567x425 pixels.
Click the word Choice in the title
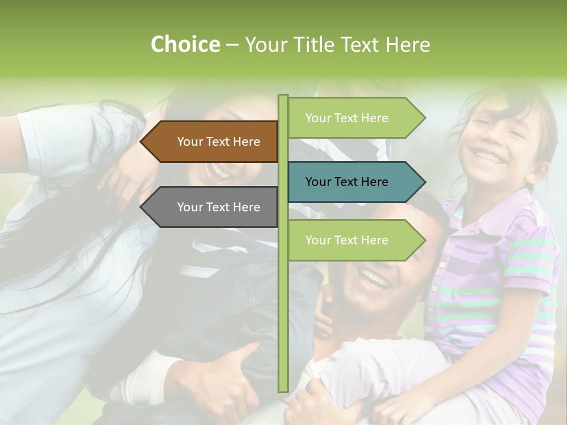(185, 44)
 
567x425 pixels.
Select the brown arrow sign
(213, 142)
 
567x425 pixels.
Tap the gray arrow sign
(213, 207)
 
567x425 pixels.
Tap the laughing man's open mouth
(373, 277)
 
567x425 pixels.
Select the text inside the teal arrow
(347, 182)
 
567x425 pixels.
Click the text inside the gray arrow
(219, 207)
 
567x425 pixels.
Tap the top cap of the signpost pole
(283, 97)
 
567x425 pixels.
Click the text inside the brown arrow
(219, 142)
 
